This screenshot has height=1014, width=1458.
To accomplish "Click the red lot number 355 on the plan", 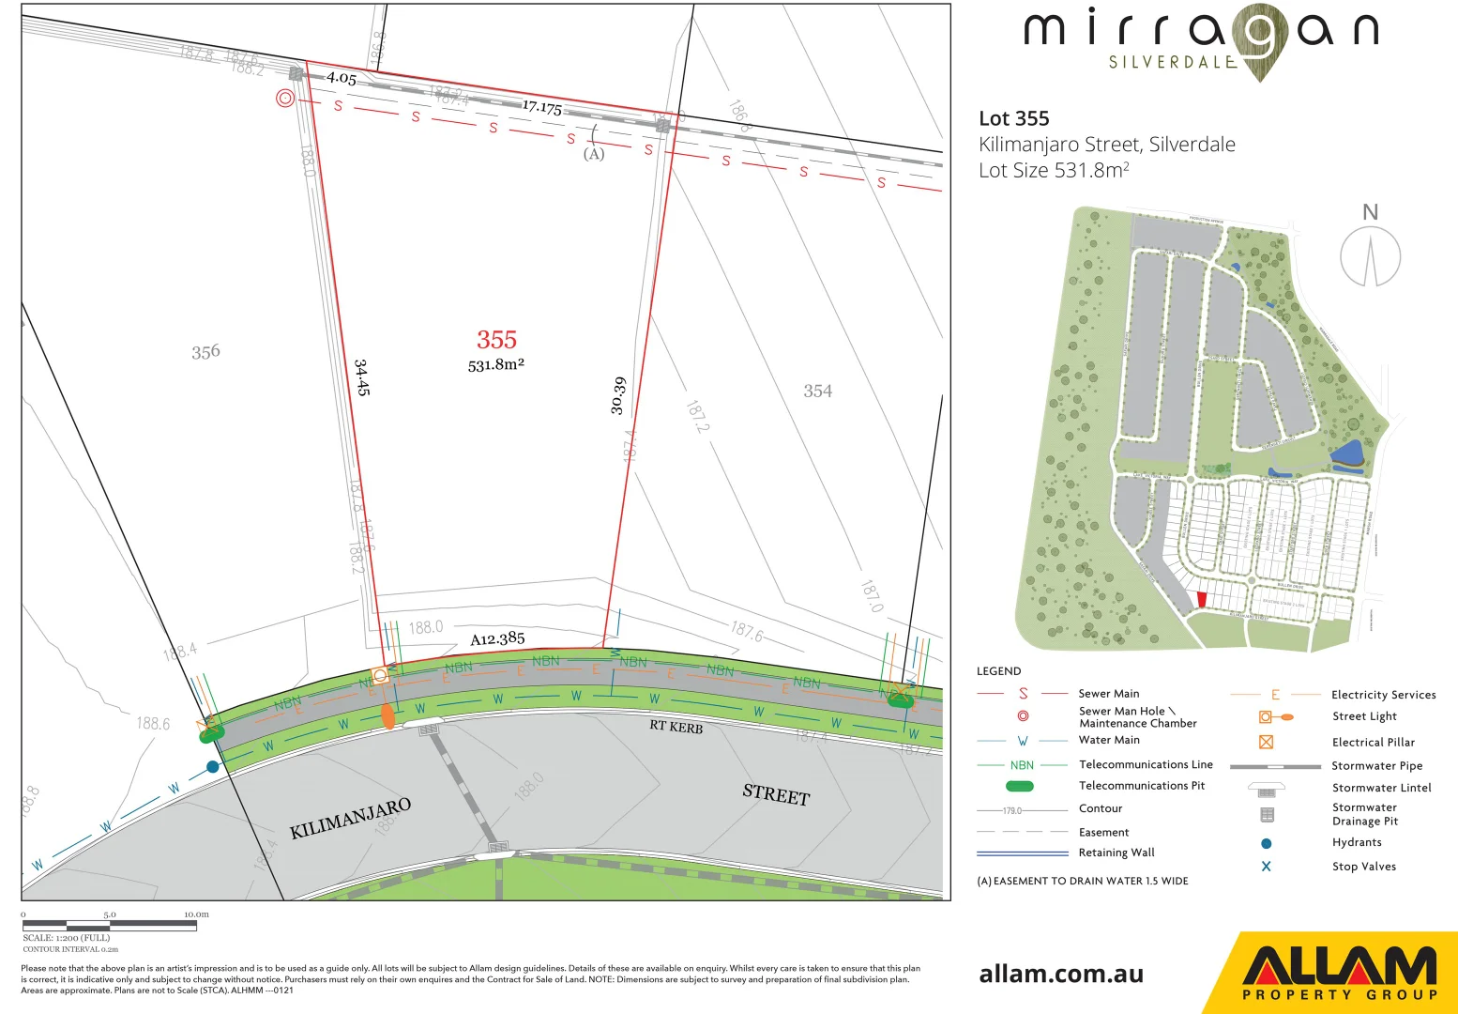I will pos(496,340).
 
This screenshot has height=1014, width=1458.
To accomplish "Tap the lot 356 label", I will pos(205,352).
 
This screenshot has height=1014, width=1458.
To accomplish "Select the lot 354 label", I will pos(817,391).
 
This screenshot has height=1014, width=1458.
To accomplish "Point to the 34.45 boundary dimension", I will pos(362,377).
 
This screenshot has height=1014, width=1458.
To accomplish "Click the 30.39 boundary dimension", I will pos(617,395).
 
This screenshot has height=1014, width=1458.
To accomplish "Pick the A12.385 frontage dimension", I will pos(497,639).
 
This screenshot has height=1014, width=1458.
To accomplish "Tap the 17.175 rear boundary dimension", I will pos(542,107).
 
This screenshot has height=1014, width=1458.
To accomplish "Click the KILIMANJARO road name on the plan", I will pos(350,818).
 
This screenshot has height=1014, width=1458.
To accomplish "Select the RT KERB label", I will pos(676,727).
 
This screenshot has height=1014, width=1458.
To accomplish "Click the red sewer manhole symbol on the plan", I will pos(285,98).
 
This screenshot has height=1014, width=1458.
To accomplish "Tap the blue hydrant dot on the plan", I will pos(213,767).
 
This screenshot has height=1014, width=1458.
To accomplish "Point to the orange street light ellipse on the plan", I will pos(387,714).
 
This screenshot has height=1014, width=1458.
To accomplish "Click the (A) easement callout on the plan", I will pos(594,154).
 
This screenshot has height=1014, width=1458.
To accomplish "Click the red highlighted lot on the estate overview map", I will pos(1202,600).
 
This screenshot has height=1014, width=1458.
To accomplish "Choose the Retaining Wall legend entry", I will pos(1116,853).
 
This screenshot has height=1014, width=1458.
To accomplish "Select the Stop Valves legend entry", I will pos(1363,867).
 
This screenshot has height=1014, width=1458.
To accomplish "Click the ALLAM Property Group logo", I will pos(1340,974).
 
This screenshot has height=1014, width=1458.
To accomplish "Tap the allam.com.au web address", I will pos(1061,974).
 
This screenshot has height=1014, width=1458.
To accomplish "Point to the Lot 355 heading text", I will pos(1014,118).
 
